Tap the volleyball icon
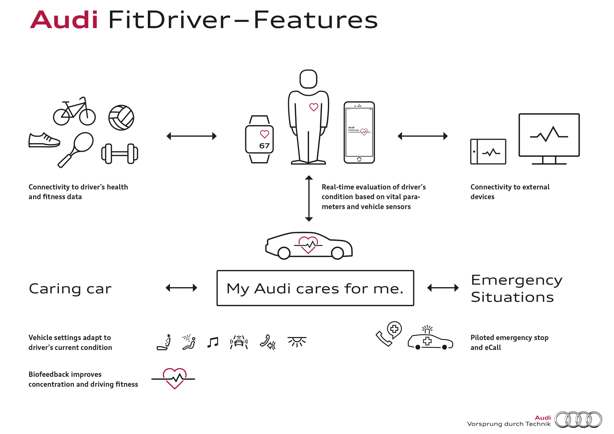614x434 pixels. tap(121, 118)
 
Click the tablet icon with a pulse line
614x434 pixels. tap(488, 152)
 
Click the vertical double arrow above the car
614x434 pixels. tap(309, 198)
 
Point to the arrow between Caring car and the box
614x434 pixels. tap(181, 288)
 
